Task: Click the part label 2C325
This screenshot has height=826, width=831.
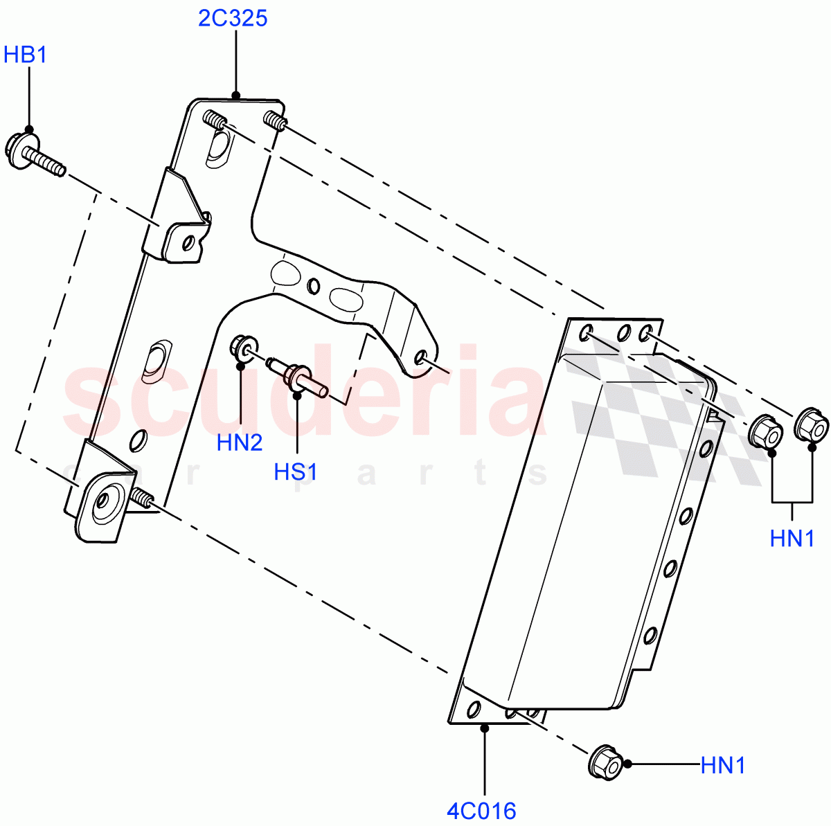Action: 232,18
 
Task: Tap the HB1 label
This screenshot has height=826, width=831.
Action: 26,55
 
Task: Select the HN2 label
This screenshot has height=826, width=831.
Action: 240,442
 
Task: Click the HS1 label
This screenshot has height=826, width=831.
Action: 296,472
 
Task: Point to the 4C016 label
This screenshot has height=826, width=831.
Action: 481,811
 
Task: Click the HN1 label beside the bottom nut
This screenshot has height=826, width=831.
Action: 722,765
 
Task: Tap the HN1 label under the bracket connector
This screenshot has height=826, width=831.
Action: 792,538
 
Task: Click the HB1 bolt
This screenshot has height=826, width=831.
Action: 35,157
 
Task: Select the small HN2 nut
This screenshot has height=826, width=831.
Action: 244,346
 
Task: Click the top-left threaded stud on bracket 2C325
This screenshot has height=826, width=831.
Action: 215,121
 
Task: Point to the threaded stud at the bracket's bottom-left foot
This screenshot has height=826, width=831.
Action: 141,497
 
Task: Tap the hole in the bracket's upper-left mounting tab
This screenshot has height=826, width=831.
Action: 186,242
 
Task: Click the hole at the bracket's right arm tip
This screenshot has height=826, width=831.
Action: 421,357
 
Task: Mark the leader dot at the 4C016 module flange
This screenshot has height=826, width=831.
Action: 485,726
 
